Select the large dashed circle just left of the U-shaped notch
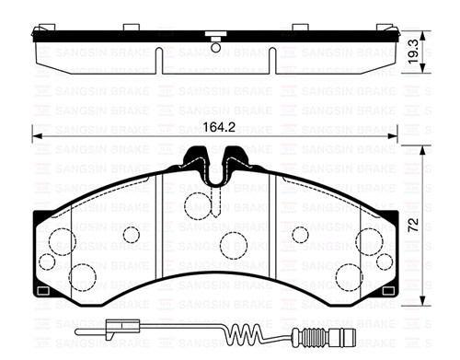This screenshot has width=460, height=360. [x=196, y=203]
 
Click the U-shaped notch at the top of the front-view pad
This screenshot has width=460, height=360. [x=213, y=168]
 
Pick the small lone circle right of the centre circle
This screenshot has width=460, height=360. [x=299, y=235]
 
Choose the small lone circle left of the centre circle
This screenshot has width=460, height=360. [x=131, y=235]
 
